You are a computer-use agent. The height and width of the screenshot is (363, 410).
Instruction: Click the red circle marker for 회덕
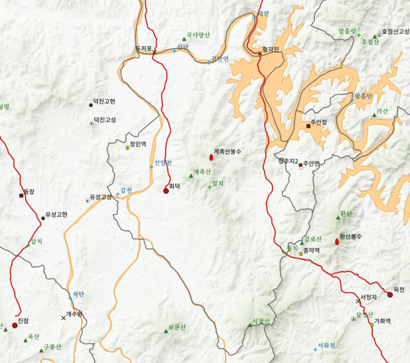(166, 191)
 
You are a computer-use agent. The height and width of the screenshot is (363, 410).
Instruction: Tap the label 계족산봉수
(227, 152)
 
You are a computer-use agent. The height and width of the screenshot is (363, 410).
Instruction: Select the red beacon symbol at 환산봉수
(337, 242)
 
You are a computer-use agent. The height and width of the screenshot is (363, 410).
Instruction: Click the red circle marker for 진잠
(15, 325)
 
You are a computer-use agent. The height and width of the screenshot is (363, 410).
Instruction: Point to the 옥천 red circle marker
(389, 295)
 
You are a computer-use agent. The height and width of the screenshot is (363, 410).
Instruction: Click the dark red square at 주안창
(308, 126)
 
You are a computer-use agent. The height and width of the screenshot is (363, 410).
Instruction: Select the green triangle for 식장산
(250, 325)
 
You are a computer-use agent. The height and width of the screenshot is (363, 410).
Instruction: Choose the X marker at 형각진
(260, 53)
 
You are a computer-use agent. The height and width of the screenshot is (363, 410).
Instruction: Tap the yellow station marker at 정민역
(128, 148)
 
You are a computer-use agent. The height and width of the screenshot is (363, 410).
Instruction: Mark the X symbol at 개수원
(63, 318)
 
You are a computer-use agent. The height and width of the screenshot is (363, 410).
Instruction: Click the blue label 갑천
(126, 191)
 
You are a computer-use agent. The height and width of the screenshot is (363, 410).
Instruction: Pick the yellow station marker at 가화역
(371, 325)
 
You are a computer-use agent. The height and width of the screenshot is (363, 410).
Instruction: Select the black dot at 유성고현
(43, 218)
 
